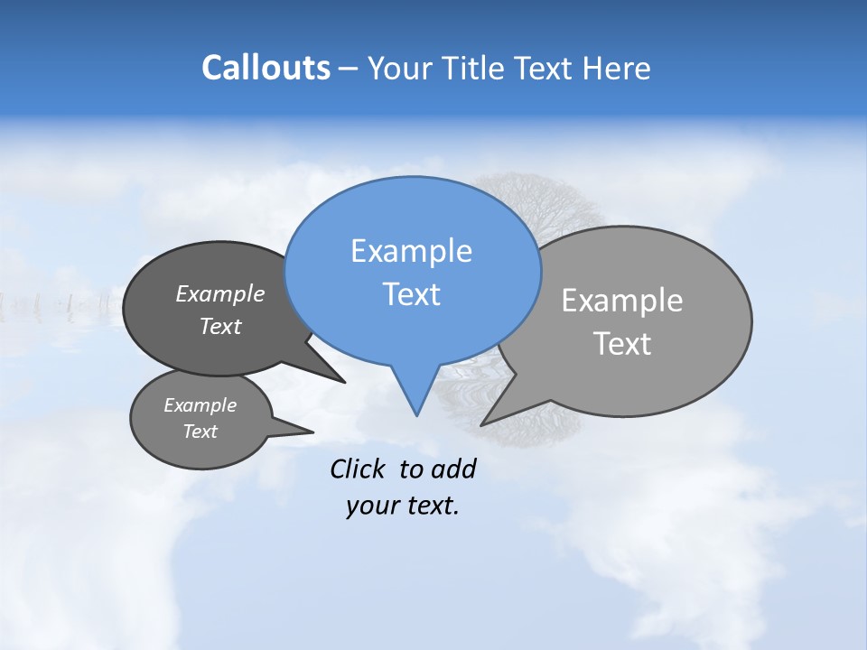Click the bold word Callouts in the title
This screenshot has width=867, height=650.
pyautogui.click(x=266, y=68)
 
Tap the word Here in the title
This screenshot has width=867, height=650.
pyautogui.click(x=619, y=68)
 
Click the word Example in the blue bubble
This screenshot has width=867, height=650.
pyautogui.click(x=411, y=251)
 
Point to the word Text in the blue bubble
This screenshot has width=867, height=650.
pyautogui.click(x=411, y=294)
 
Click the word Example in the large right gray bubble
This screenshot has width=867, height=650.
pyautogui.click(x=622, y=301)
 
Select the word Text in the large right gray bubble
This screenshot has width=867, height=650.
pyautogui.click(x=622, y=344)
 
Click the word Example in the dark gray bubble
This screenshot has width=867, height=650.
pyautogui.click(x=220, y=293)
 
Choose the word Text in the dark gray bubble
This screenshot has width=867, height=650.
pyautogui.click(x=220, y=326)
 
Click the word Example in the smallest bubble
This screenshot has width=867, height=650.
pyautogui.click(x=200, y=405)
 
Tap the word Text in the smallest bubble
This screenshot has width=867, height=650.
pyautogui.click(x=200, y=432)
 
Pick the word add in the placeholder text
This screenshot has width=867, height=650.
pyautogui.click(x=453, y=469)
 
